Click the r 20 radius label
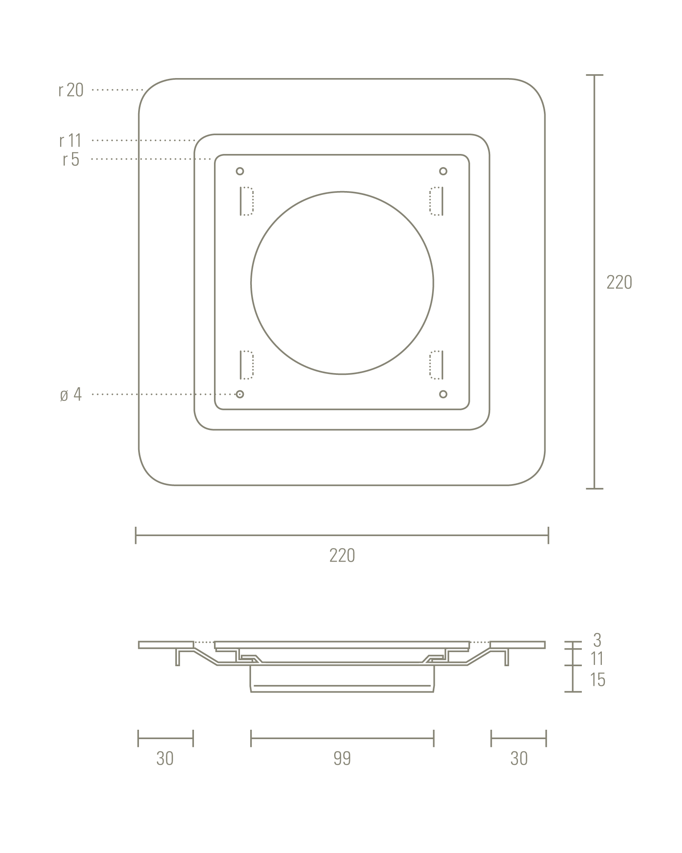pos(71,90)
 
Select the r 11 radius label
pos(70,140)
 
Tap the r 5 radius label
pos(71,160)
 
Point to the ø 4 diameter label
pos(71,395)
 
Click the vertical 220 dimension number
pos(619,282)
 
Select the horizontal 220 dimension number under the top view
pos(342,555)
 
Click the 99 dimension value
pos(342,758)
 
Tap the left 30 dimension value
pos(165,758)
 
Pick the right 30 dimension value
pos(519,758)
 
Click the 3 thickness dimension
pos(597,640)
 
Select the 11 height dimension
pos(597,659)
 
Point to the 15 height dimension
pos(597,680)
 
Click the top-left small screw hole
pos(240,171)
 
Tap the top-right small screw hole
pos(443,171)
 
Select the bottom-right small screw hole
pos(443,394)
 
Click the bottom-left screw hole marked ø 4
pos(240,394)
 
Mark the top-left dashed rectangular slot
pos(247,201)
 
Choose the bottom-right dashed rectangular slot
pos(436,365)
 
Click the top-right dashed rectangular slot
pos(436,201)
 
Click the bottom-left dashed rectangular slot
pos(247,365)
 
